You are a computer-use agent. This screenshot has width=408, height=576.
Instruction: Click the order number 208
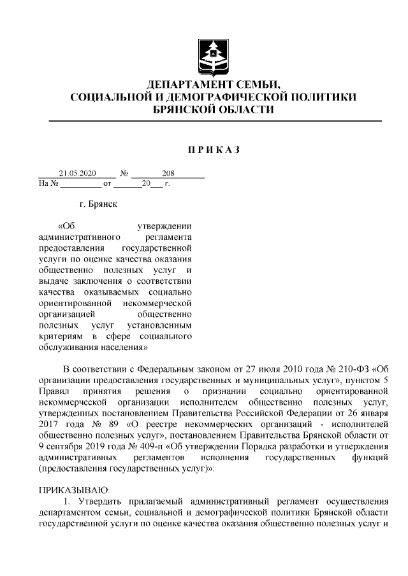click(x=169, y=173)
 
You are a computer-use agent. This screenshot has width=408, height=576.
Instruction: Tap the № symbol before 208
click(x=126, y=173)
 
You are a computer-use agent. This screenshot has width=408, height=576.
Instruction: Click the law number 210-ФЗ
click(x=352, y=369)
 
